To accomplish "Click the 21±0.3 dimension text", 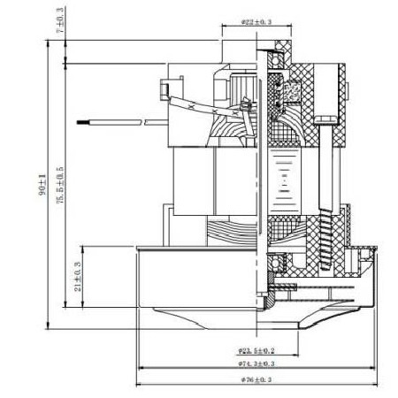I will (x=79, y=277).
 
